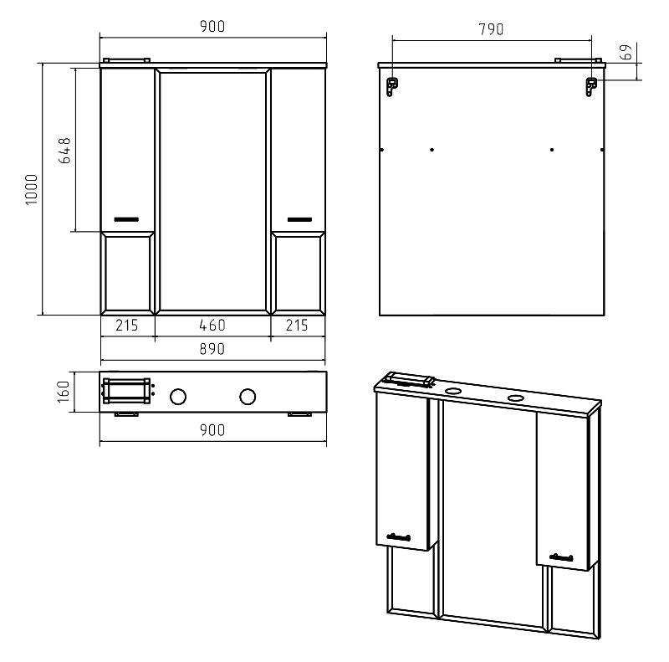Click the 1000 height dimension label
click(x=32, y=189)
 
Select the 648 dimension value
click(x=64, y=151)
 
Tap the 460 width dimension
click(x=212, y=326)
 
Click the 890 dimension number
click(x=212, y=349)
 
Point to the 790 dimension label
click(x=491, y=29)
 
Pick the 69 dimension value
click(x=626, y=52)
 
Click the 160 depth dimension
click(x=64, y=392)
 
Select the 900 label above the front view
click(x=212, y=27)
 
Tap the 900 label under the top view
click(x=212, y=430)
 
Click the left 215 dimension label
click(x=127, y=326)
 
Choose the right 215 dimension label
click(x=297, y=326)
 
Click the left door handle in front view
click(x=126, y=219)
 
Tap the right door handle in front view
click(x=299, y=219)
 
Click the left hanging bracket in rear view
click(x=391, y=87)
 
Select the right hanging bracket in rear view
click(x=591, y=87)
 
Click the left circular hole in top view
click(x=178, y=397)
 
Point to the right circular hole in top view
click(x=248, y=397)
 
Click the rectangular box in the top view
click(x=127, y=390)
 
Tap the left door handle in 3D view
click(x=399, y=536)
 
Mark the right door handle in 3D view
click(x=561, y=557)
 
